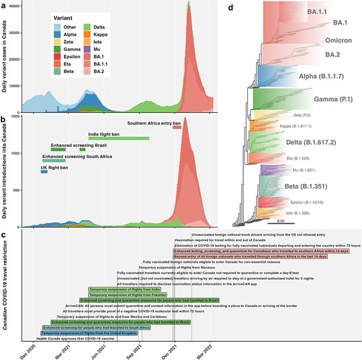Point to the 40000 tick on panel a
19,6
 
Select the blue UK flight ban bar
44,171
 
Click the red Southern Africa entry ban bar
177,127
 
